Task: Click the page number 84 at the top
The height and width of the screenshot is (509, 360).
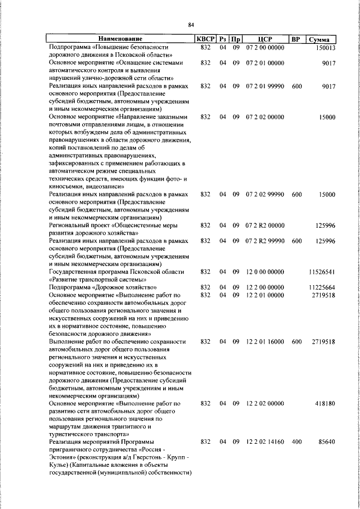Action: tap(191, 25)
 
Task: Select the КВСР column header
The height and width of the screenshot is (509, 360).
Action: tap(205, 39)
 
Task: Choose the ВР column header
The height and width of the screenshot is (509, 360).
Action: tap(296, 39)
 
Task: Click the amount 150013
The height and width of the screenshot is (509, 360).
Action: tap(325, 48)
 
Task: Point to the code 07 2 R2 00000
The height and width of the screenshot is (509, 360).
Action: tap(264, 226)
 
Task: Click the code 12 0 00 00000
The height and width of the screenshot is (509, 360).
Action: tap(264, 272)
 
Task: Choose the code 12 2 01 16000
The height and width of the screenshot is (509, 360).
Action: tap(264, 341)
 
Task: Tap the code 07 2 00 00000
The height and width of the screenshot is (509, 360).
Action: tap(264, 48)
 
